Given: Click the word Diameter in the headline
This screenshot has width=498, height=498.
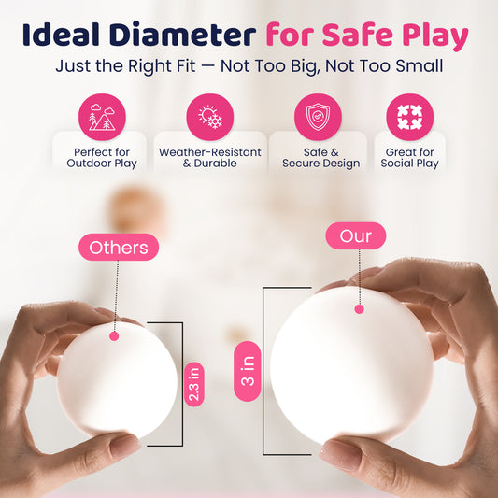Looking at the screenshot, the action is (x=183, y=35).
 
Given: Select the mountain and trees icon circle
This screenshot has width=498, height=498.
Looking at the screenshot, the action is (x=102, y=117).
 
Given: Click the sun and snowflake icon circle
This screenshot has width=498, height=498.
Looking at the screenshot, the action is (x=210, y=117).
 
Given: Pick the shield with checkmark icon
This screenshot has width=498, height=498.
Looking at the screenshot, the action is (x=318, y=117).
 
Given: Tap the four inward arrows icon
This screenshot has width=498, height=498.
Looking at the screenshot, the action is (x=410, y=117).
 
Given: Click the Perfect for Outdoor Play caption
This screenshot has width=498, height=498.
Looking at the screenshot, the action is (x=102, y=158).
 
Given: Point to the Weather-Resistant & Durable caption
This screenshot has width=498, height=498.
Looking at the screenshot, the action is (x=210, y=158).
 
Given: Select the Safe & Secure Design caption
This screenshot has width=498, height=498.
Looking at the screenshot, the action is (x=321, y=158).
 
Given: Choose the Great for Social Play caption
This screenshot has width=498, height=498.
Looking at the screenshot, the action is (x=410, y=158).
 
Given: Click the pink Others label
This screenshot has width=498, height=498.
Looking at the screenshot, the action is (x=119, y=247).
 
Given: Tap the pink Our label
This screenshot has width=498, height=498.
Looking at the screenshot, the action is (x=356, y=235).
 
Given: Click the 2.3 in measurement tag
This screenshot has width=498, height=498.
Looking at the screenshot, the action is (x=193, y=384).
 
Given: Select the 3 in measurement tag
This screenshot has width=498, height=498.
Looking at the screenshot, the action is (x=248, y=371).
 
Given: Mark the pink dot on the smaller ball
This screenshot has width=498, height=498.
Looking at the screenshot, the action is (x=114, y=336).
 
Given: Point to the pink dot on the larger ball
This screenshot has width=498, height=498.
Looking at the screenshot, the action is (x=359, y=309).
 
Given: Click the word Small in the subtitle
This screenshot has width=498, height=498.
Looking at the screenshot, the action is (x=419, y=66).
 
